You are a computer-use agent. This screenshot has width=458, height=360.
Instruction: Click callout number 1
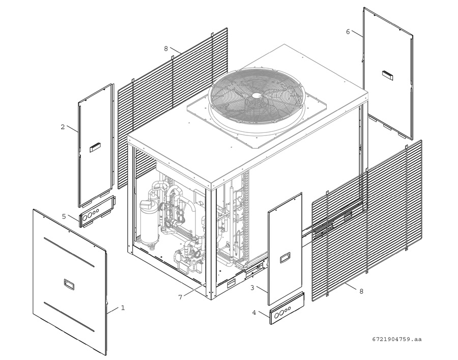(123, 308)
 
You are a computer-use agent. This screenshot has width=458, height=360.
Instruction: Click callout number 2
(63, 127)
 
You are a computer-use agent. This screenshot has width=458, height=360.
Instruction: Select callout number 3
(252, 288)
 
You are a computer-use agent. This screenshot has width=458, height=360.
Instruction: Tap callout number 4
(254, 313)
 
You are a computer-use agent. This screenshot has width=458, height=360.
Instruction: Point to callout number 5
(64, 216)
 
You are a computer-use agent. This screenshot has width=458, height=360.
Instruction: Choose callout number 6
(348, 32)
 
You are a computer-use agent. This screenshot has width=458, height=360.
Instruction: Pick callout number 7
(180, 297)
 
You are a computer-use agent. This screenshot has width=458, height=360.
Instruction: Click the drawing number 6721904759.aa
(397, 339)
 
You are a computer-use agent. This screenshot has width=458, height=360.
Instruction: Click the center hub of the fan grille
(256, 95)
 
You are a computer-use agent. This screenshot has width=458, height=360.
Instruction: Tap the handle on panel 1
(70, 284)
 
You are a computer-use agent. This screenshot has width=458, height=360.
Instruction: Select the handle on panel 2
(95, 147)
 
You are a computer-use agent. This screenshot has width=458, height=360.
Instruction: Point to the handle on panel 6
(388, 75)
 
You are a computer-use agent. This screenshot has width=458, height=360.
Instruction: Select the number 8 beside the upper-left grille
(166, 49)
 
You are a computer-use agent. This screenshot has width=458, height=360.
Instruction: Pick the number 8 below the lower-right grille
(361, 291)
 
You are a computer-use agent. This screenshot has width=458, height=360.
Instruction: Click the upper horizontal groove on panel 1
(69, 252)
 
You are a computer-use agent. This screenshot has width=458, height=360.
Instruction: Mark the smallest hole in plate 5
(97, 211)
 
